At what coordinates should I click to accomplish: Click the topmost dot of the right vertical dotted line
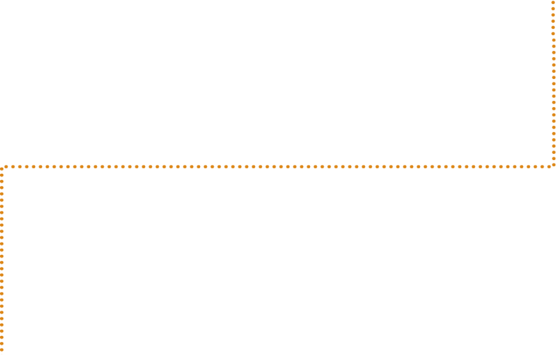click(x=553, y=2)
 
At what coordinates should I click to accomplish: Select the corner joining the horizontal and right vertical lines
click(x=553, y=166)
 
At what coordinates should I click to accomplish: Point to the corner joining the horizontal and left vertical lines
click(x=3, y=167)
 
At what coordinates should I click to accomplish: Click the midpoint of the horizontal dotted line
click(x=278, y=166)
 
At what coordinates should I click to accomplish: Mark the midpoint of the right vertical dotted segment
click(x=553, y=83)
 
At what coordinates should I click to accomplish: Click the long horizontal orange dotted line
click(x=206, y=166)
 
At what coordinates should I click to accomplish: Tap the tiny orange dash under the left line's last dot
click(x=2, y=353)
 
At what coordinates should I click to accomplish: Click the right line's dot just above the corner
click(x=553, y=160)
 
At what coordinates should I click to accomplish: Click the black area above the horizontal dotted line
click(x=275, y=82)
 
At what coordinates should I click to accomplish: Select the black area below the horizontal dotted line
click(x=275, y=268)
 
